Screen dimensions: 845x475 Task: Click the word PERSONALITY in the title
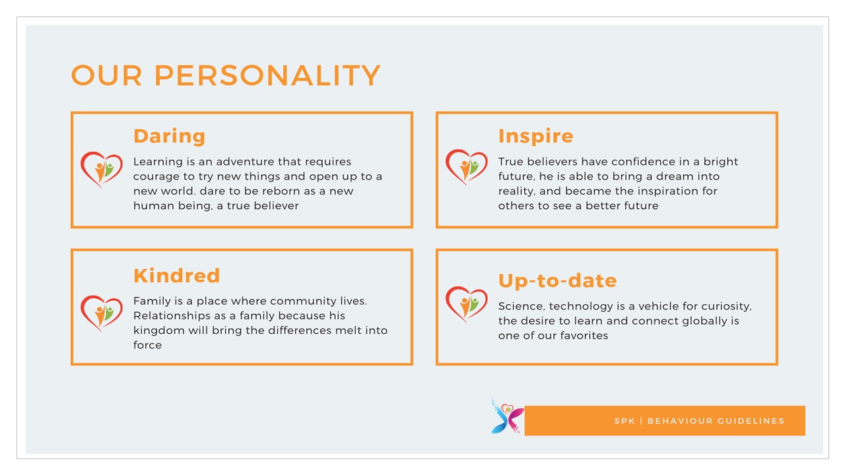(267, 75)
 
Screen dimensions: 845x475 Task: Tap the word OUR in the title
(106, 75)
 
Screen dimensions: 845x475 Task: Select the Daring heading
(170, 137)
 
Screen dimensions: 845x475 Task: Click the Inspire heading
(535, 136)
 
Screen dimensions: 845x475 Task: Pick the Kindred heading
(176, 276)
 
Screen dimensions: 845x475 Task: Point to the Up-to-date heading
(558, 281)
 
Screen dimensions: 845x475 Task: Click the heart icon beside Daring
(102, 170)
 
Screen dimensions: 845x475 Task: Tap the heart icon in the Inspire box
(467, 167)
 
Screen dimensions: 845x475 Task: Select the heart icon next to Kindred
(102, 313)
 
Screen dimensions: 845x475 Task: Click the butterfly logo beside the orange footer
(508, 417)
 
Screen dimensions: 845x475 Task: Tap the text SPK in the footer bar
(625, 421)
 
